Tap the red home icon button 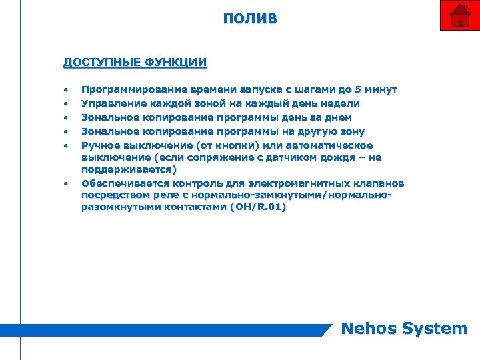(x=459, y=15)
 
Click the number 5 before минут (x=359, y=89)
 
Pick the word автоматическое (x=331, y=145)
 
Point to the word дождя (x=341, y=157)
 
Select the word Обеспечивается (x=125, y=183)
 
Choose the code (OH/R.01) (x=257, y=208)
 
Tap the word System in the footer (x=437, y=328)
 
